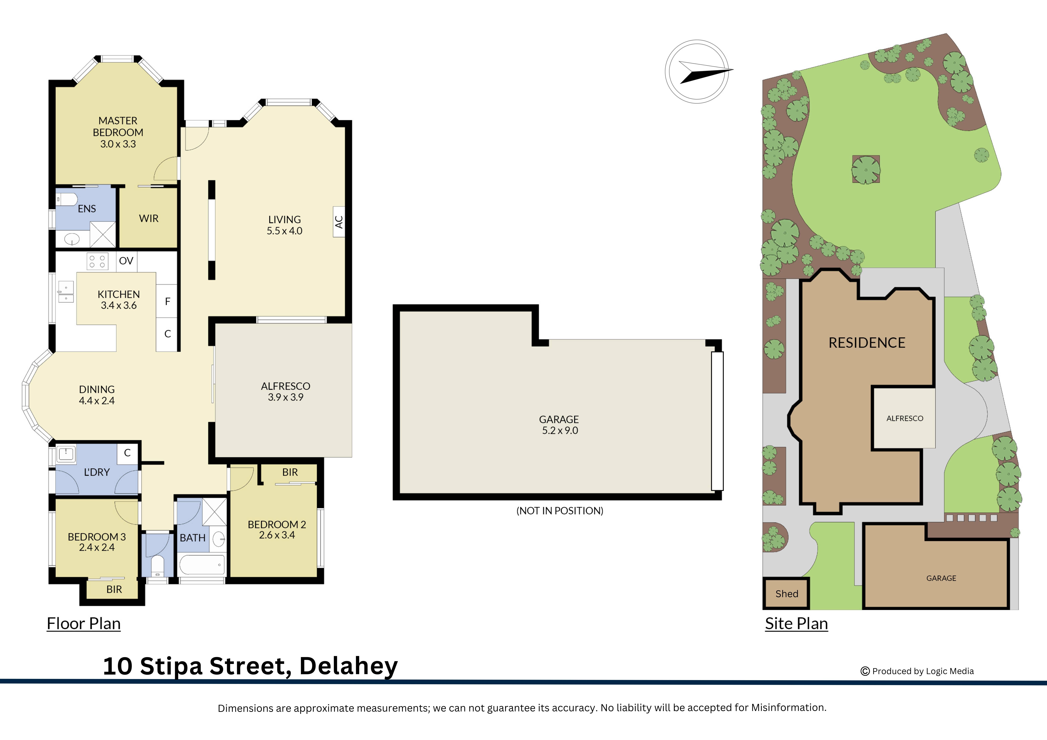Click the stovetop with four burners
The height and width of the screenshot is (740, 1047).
coord(97,261)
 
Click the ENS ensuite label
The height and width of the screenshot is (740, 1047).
coord(87,209)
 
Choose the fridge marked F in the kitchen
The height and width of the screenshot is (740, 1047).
coord(167,301)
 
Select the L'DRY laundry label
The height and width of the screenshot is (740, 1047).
coord(97,472)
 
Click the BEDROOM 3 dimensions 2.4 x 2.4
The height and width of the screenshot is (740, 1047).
coord(97,548)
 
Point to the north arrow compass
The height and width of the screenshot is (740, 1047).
coord(697,72)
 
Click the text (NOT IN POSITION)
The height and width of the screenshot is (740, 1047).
coord(560,511)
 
